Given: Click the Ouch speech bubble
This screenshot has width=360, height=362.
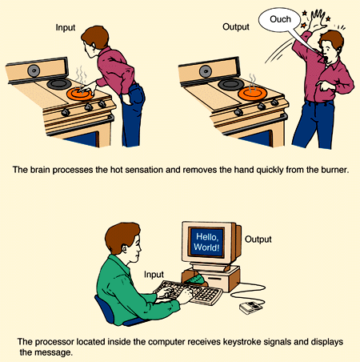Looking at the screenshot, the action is (x=280, y=19).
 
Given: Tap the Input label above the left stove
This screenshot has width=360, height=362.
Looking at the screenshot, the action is (x=66, y=27).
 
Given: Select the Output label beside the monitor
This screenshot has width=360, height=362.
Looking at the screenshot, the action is (x=258, y=239).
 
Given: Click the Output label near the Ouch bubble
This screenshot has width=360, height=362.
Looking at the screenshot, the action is (x=236, y=26).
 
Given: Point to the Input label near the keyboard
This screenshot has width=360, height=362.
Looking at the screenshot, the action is (x=154, y=275).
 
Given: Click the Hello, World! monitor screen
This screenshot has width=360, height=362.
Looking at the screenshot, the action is (x=206, y=242).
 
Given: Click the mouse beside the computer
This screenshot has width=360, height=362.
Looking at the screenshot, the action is (x=250, y=308).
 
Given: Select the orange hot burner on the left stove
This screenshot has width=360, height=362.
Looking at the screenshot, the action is (x=80, y=94).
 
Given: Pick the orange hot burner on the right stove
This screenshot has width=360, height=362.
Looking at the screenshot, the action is (x=252, y=93).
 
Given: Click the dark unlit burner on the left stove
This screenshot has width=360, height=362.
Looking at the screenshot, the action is (x=59, y=84).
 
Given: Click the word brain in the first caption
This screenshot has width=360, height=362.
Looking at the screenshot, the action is (x=40, y=170).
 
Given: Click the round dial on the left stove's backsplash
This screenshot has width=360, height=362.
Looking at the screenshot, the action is (x=34, y=70).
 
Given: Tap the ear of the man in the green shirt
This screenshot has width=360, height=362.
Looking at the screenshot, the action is (x=125, y=248).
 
